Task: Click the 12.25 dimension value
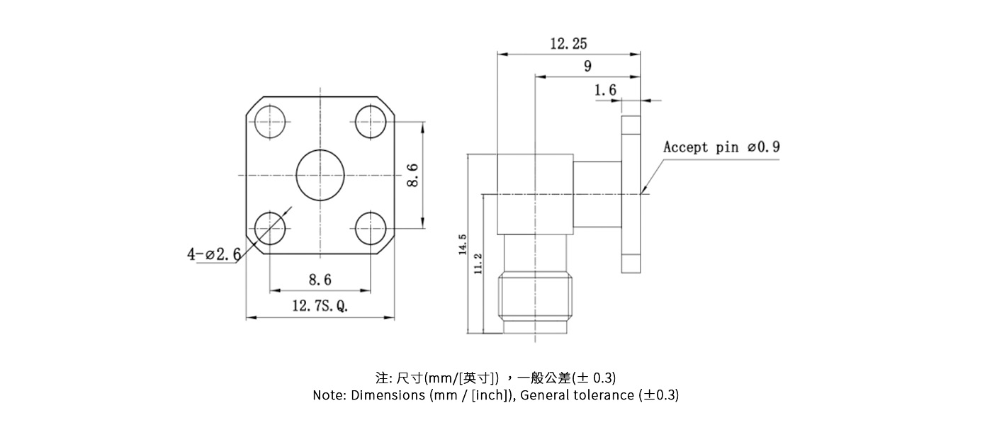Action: point(568,44)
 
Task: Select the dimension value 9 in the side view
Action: point(587,67)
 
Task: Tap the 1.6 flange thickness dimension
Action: point(605,90)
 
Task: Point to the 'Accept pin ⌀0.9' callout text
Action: point(721,147)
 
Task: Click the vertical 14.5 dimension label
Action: point(463,244)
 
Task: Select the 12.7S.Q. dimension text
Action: point(320,306)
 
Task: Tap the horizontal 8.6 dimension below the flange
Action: point(320,280)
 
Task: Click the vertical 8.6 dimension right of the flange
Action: point(412,176)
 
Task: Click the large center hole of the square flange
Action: point(320,176)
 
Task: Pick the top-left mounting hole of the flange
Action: point(270,123)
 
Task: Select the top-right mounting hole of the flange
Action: point(371,123)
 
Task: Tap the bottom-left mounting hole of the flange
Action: point(270,228)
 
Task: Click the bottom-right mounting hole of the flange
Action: point(371,228)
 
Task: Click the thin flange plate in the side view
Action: point(631,195)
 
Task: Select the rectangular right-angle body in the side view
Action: point(535,195)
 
